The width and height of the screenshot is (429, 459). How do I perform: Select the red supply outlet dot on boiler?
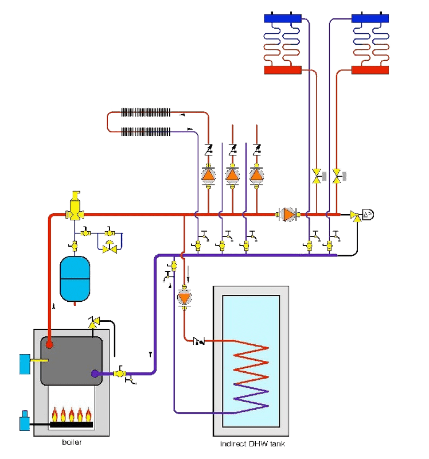click(x=50, y=345)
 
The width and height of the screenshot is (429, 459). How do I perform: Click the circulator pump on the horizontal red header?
click(x=288, y=215)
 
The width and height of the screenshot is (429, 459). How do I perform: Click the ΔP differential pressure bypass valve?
click(x=366, y=215)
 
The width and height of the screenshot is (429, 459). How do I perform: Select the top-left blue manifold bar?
click(x=283, y=18)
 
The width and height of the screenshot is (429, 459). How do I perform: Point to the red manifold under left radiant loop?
click(x=282, y=70)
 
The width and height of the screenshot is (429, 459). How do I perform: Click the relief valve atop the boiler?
click(x=92, y=321)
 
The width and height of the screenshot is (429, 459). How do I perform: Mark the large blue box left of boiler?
click(x=26, y=364)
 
